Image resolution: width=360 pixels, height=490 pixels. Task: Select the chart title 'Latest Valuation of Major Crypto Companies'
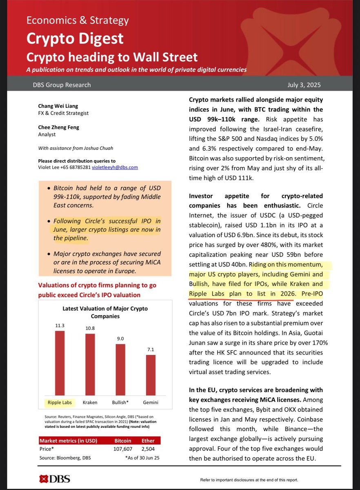coord(105,312)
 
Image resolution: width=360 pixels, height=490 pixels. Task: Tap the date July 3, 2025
coord(304,85)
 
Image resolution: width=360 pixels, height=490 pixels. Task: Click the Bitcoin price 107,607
coord(122,450)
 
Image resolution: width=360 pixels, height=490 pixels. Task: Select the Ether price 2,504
coord(147,450)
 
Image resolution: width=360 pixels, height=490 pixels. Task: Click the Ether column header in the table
coord(147,441)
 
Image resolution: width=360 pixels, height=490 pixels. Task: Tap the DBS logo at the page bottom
coord(54,479)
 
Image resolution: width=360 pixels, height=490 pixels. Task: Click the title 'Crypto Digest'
coord(75,38)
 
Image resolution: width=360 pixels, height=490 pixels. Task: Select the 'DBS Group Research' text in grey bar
coord(62,85)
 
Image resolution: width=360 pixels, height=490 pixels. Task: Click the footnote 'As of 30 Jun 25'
coord(142,458)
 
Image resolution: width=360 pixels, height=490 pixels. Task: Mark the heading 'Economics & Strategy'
coord(78,20)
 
